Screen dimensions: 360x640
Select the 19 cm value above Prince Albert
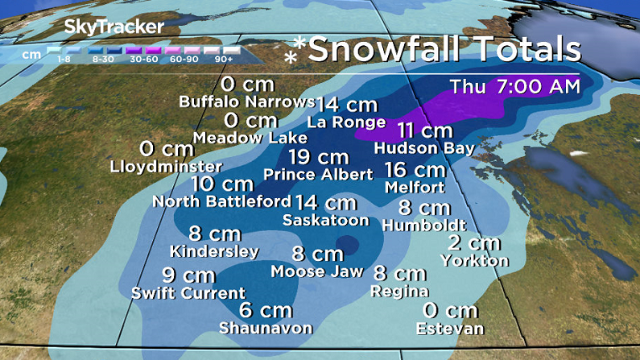click(x=318, y=157)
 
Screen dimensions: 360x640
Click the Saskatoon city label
click(x=326, y=220)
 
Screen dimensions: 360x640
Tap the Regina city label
click(x=399, y=291)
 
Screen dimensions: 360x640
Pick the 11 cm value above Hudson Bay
click(x=425, y=130)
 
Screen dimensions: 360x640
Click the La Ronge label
click(x=346, y=122)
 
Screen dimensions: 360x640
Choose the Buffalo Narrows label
click(x=246, y=102)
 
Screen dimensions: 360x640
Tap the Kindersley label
click(x=213, y=251)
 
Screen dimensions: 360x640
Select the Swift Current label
click(x=188, y=292)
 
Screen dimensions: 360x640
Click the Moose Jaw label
click(x=317, y=271)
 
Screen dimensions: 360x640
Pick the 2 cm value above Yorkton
click(x=475, y=243)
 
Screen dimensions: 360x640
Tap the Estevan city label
click(x=450, y=329)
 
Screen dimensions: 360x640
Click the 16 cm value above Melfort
click(x=415, y=170)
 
